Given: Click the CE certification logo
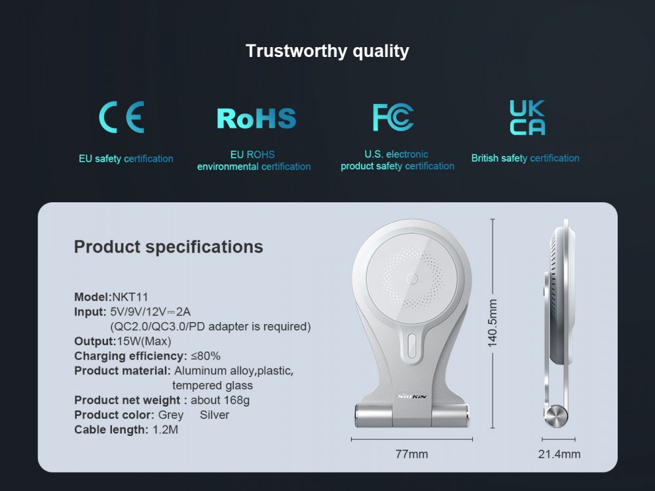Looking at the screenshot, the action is [122, 117].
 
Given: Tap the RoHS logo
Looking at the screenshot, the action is [257, 118].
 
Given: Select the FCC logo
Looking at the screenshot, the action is [393, 117].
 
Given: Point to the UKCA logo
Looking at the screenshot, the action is [527, 117].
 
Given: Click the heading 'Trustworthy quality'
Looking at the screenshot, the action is [327, 51].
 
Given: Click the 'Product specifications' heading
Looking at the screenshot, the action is [168, 247].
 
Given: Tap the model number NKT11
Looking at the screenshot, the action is [130, 297].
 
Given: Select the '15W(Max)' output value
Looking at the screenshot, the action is [144, 341].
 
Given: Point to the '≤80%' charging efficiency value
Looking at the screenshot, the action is [206, 355].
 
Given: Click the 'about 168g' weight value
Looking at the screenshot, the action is [220, 400].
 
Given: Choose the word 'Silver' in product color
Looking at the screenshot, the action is [214, 415].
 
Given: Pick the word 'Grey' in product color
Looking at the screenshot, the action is [171, 415].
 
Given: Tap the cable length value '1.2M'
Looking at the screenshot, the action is [165, 429].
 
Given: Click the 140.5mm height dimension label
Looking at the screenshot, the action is [493, 323].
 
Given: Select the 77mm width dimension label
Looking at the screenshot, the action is [412, 454].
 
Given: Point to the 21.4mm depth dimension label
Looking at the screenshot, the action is [559, 454].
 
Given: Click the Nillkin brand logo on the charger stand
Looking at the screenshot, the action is [412, 396].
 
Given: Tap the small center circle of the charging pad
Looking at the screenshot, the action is [412, 278].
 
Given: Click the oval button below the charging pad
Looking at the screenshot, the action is [411, 345].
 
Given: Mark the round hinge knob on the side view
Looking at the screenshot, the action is [555, 416].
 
